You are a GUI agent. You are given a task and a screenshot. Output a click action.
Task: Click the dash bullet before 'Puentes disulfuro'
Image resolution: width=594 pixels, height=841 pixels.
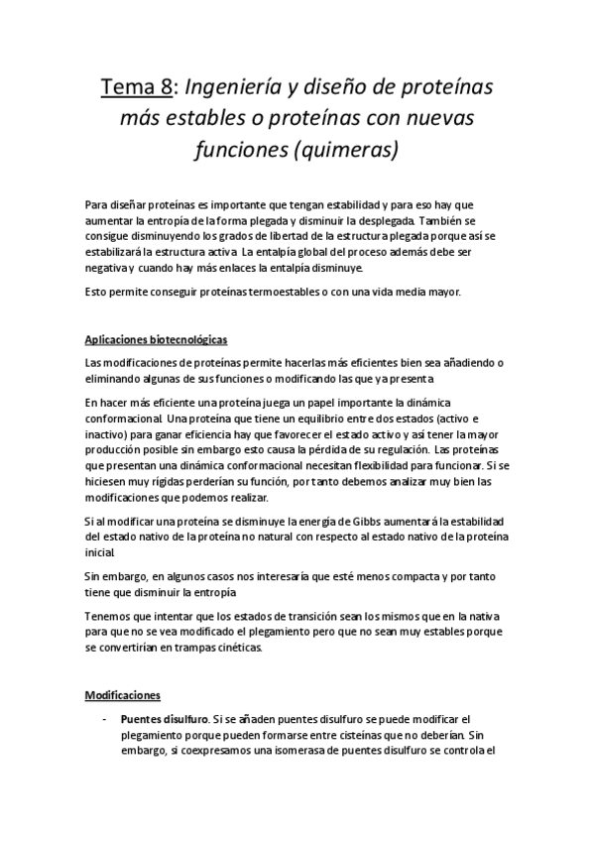(105, 718)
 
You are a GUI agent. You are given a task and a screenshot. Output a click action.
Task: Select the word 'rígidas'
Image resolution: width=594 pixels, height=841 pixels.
(161, 480)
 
